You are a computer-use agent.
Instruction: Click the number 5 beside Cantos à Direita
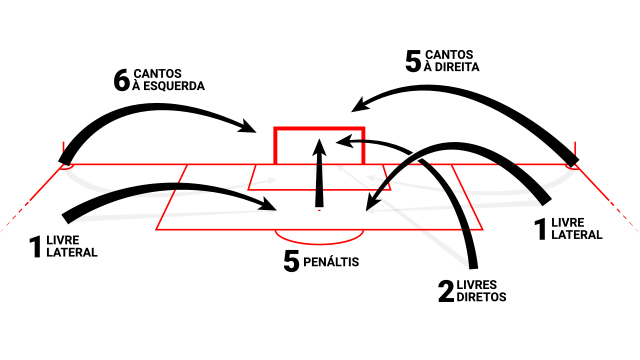pos(413,62)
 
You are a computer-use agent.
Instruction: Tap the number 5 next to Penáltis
pos(291,262)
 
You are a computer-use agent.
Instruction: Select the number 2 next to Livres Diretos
pos(446,291)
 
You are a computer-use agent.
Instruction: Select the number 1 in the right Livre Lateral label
pos(541,229)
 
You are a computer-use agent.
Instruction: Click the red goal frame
pos(319,129)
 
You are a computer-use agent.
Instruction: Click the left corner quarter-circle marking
pos(66,166)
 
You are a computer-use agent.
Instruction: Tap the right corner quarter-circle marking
pos(573,166)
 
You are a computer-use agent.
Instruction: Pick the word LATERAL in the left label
pos(72,253)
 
